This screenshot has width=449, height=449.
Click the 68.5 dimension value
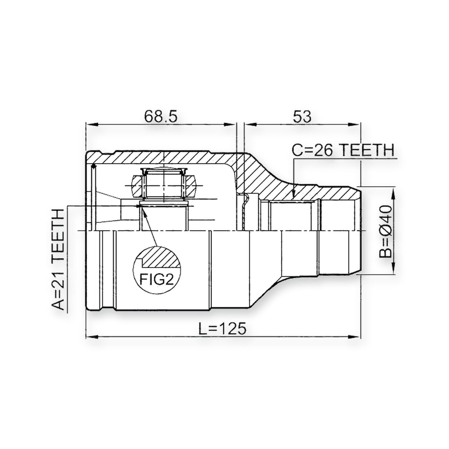click(x=160, y=116)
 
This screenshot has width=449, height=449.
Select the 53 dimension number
click(x=302, y=116)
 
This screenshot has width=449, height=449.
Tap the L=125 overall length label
click(x=222, y=328)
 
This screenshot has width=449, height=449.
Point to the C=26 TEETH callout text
click(x=343, y=150)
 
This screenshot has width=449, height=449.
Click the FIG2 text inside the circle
click(x=157, y=279)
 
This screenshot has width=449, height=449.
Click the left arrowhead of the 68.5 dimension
click(x=92, y=125)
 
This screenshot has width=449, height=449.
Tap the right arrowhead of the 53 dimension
click(x=354, y=125)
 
